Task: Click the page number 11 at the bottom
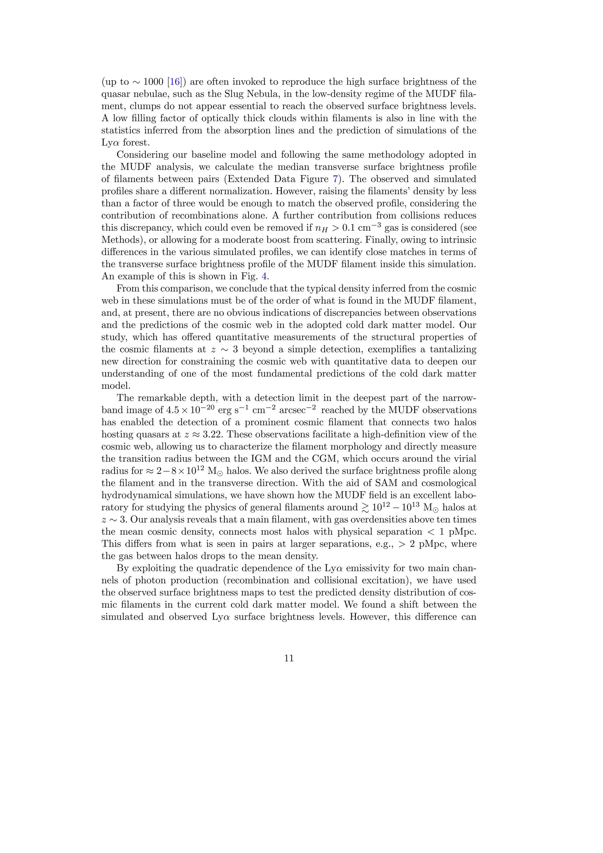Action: coord(289,658)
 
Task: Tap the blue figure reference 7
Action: coord(335,179)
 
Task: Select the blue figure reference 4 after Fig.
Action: coord(264,276)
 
